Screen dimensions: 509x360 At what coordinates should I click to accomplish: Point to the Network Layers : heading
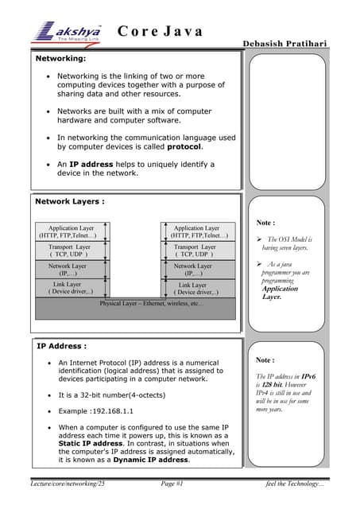(x=70, y=201)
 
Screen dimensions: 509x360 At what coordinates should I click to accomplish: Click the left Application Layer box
(x=68, y=232)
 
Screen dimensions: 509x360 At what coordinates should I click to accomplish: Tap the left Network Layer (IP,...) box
(x=68, y=270)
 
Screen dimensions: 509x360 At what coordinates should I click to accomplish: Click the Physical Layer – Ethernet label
(x=151, y=304)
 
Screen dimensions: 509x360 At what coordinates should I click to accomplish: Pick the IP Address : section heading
(x=62, y=346)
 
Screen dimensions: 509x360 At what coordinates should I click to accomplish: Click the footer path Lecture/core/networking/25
(x=68, y=484)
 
